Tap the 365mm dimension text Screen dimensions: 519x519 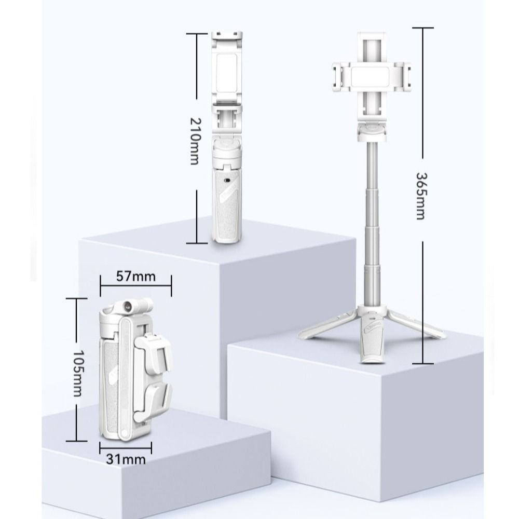pyautogui.click(x=420, y=196)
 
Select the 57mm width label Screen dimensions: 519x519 pyautogui.click(x=135, y=277)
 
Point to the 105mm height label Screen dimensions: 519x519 pyautogui.click(x=77, y=373)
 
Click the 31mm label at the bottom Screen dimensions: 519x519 pyautogui.click(x=126, y=459)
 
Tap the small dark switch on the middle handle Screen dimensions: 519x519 pyautogui.click(x=228, y=181)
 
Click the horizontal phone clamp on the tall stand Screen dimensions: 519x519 pyautogui.click(x=372, y=76)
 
